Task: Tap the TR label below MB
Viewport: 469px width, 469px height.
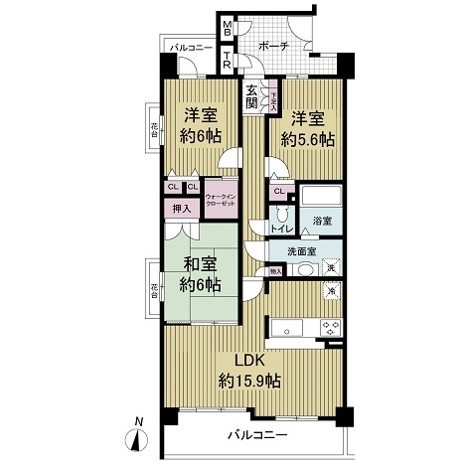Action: click(x=228, y=61)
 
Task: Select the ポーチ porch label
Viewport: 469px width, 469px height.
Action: click(x=273, y=47)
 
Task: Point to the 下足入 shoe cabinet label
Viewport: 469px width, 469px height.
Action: click(x=275, y=97)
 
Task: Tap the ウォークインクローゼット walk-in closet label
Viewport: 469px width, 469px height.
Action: click(x=222, y=200)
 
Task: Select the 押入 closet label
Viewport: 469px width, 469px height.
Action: click(x=181, y=209)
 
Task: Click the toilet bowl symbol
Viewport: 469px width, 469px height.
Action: click(x=282, y=213)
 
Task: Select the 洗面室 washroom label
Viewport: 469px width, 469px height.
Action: click(x=302, y=251)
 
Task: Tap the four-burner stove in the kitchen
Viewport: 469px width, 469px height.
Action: click(x=329, y=328)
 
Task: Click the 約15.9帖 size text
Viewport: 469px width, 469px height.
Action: click(x=251, y=381)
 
